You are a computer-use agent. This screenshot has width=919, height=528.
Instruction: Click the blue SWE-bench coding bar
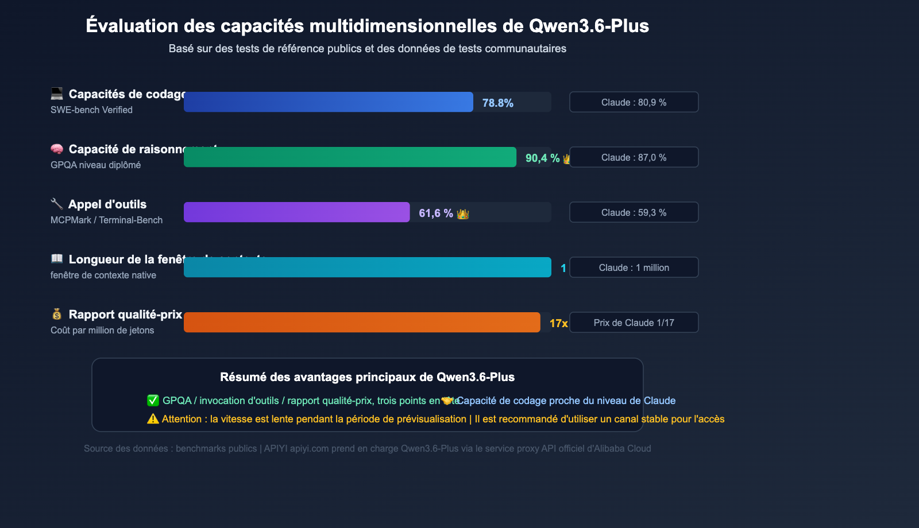tap(329, 102)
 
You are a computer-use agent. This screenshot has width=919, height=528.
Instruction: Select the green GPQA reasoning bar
tap(350, 157)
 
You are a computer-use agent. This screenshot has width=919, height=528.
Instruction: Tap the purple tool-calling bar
tap(296, 212)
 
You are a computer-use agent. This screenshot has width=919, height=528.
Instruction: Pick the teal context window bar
tap(368, 267)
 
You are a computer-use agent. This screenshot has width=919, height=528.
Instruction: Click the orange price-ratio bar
tap(362, 323)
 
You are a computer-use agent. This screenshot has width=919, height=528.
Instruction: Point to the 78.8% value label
tap(497, 103)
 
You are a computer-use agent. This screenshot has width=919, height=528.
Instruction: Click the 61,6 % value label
tap(435, 213)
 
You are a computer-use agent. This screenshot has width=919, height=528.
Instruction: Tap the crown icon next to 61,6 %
tap(463, 214)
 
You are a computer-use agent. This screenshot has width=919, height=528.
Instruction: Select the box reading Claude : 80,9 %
tap(634, 102)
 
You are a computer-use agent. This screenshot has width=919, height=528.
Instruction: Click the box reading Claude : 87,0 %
tap(634, 157)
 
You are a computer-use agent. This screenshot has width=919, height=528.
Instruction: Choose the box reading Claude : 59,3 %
tap(634, 212)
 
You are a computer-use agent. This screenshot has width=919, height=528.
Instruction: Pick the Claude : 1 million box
tap(634, 267)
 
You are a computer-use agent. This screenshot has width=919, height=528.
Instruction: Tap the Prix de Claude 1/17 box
tap(634, 323)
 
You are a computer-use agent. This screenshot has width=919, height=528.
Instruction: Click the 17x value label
tap(558, 324)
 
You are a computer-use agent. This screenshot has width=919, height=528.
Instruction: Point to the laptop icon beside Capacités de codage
tap(57, 94)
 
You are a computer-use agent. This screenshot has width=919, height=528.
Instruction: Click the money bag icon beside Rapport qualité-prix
tap(57, 314)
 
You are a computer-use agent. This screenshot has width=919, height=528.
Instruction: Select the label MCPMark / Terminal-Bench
tap(106, 220)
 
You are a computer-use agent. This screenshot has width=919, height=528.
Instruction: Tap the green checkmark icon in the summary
tap(153, 401)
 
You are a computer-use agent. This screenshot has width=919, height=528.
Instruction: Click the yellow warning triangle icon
tap(153, 419)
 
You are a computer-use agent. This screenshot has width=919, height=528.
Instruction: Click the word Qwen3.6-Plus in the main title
tap(589, 26)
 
